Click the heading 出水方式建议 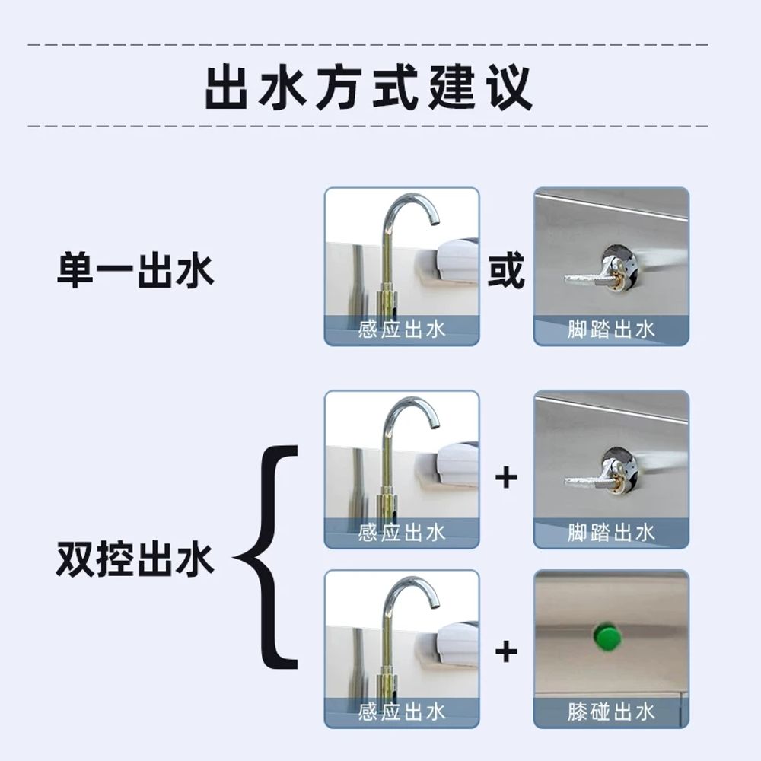tap(369, 88)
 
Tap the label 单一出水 tap(135, 270)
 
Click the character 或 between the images tap(506, 270)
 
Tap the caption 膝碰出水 tap(611, 712)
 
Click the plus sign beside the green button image tap(506, 651)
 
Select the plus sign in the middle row tap(506, 478)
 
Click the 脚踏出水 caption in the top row tap(611, 330)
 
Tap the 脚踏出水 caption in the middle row tap(611, 533)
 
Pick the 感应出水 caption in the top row tap(402, 330)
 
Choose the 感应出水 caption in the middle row tap(402, 533)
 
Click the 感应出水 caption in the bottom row tap(402, 712)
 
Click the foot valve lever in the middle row tap(587, 482)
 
